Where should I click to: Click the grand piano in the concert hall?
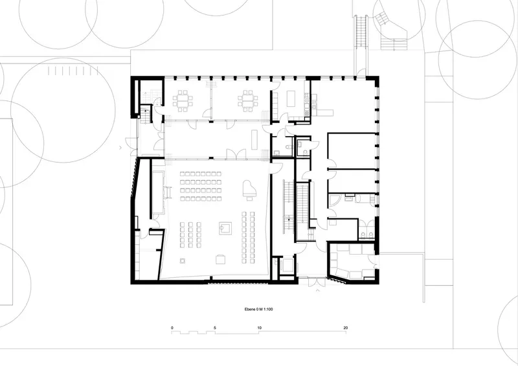pos(248,190)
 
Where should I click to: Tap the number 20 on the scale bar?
pos(346,328)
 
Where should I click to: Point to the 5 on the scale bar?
pos(215,328)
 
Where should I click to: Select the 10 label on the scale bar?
pos(260,328)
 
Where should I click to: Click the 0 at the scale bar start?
pos(172,328)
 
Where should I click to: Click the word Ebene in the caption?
pos(249,310)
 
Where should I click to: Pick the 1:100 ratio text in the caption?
pos(268,310)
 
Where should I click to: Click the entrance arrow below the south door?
pos(318,291)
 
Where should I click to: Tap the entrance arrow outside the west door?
pos(121,148)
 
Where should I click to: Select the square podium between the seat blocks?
pos(225,228)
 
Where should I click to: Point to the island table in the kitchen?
pos(291,98)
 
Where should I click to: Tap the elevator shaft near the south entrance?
pos(286,265)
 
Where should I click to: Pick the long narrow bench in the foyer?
pos(254,139)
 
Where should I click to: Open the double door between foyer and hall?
pos(236,154)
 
